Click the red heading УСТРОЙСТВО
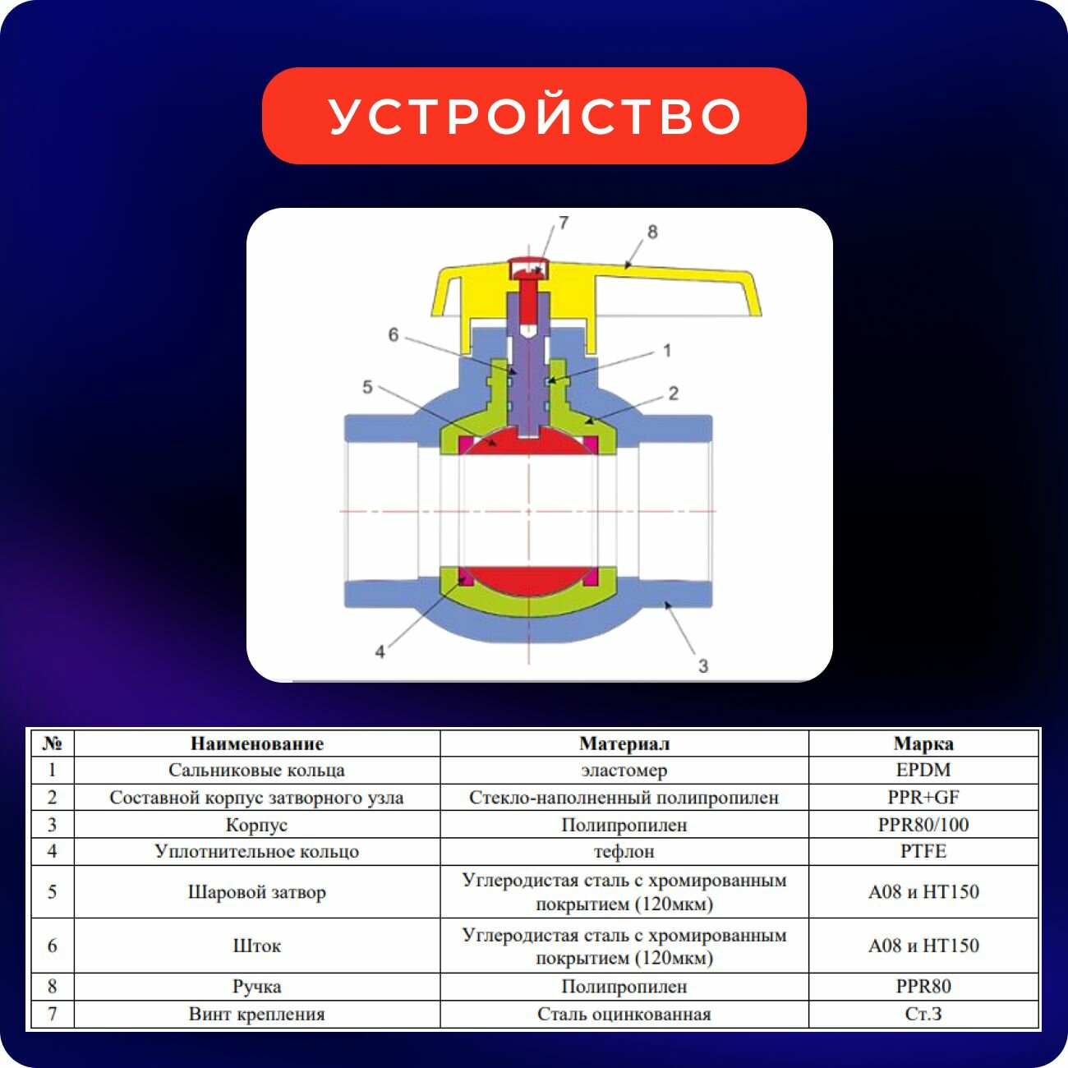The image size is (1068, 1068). (534, 116)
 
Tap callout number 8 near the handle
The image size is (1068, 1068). (652, 232)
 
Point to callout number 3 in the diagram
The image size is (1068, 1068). (702, 665)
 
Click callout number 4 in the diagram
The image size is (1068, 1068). (380, 651)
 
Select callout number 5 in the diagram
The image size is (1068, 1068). (367, 387)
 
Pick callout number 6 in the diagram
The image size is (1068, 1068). (394, 334)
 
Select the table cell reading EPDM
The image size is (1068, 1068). (923, 771)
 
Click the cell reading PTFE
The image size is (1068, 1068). (923, 851)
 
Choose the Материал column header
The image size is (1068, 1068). (624, 744)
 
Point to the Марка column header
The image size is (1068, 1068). (923, 744)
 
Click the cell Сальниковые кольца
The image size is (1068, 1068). (256, 771)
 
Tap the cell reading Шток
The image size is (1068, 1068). (256, 946)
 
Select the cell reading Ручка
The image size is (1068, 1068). (256, 987)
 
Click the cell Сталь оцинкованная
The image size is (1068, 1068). (624, 1014)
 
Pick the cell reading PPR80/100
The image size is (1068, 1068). (923, 825)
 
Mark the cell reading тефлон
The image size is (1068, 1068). (624, 851)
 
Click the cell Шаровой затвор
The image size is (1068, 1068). (256, 892)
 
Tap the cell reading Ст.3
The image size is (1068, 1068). (923, 1014)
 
